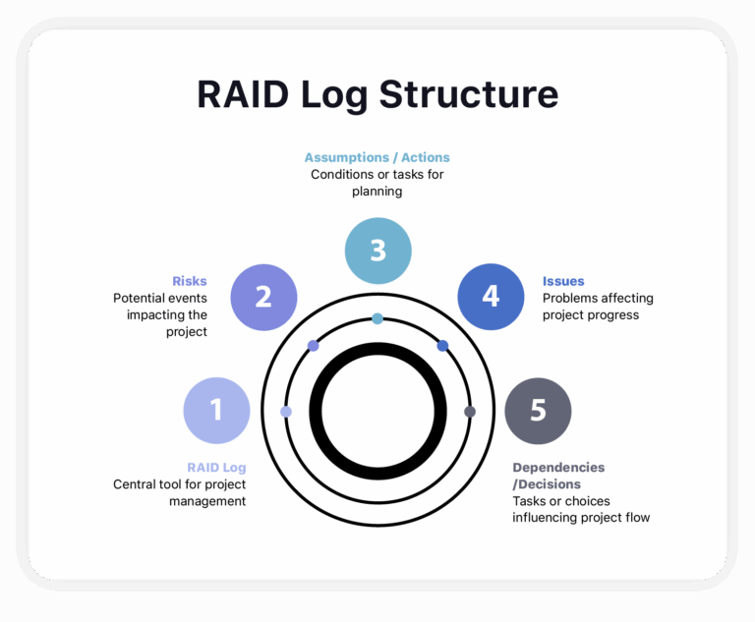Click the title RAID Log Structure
click(377, 95)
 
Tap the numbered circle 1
click(217, 411)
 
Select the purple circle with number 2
click(263, 297)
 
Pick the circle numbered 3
click(377, 251)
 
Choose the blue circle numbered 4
click(491, 297)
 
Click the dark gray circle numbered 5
click(538, 411)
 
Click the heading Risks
click(189, 281)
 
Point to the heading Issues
click(563, 281)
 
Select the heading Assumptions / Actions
click(377, 157)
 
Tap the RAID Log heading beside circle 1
click(216, 468)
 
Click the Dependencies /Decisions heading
click(558, 476)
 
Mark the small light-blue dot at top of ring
click(377, 318)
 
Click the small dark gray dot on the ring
click(470, 412)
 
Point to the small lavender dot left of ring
click(286, 412)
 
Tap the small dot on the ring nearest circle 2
click(313, 346)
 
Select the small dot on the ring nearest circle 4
click(442, 346)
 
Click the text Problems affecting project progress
click(598, 307)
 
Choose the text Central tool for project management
click(179, 492)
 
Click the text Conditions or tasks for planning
click(377, 183)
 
